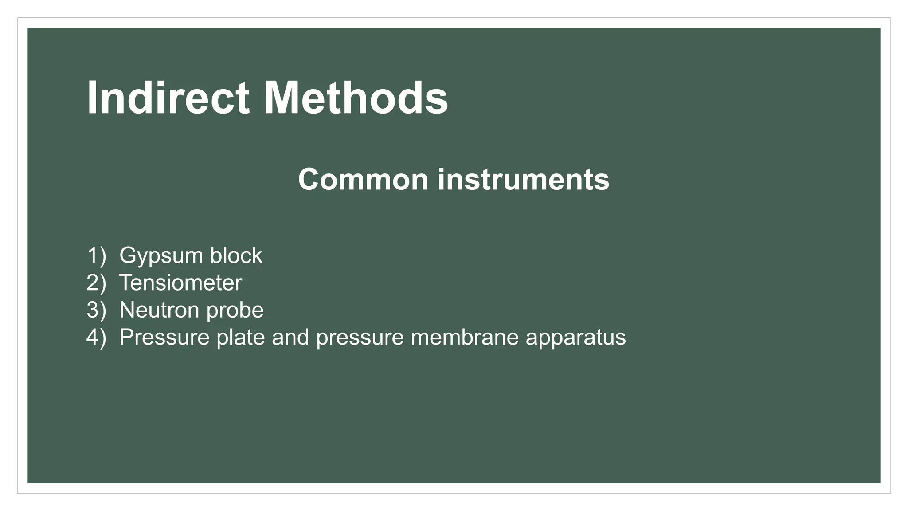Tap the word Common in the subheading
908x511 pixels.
coord(363,179)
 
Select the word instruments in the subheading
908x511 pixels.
coord(523,179)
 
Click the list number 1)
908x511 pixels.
coord(96,255)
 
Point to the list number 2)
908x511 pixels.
coord(96,283)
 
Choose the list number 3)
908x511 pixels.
coord(96,310)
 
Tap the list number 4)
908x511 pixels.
coord(96,337)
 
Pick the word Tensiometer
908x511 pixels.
coord(180,283)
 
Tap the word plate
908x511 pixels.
coord(241,337)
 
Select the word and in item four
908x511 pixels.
coord(290,337)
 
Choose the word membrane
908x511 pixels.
coord(465,337)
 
